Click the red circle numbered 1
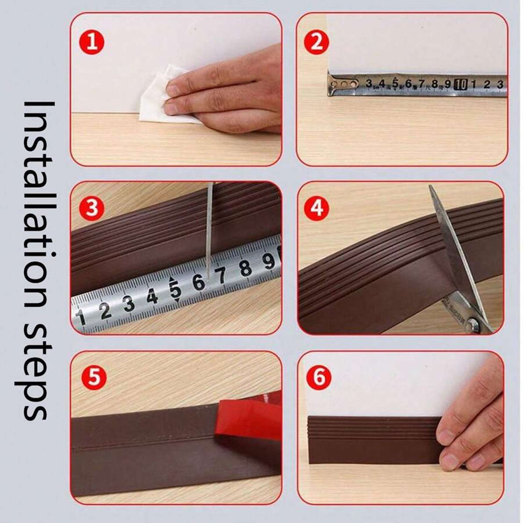[x=92, y=43]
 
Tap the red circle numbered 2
[x=317, y=42]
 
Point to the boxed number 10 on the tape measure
[x=461, y=84]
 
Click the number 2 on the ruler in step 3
[x=105, y=310]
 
